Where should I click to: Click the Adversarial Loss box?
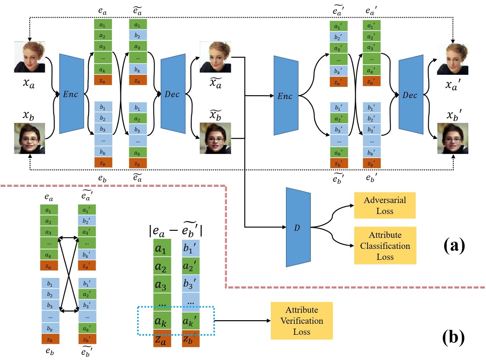pyautogui.click(x=385, y=205)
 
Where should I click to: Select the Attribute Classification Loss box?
pyautogui.click(x=385, y=246)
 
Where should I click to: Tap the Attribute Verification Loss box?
pyautogui.click(x=301, y=321)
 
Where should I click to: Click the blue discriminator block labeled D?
pyautogui.click(x=298, y=227)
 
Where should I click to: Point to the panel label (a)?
pyautogui.click(x=454, y=245)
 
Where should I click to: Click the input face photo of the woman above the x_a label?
pyautogui.click(x=29, y=57)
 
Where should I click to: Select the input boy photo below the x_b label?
pyautogui.click(x=29, y=138)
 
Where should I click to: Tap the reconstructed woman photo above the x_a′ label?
pyautogui.click(x=452, y=59)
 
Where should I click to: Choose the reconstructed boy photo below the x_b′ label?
pyautogui.click(x=452, y=138)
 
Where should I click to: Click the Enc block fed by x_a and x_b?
pyautogui.click(x=71, y=94)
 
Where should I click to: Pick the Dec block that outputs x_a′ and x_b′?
pyautogui.click(x=411, y=95)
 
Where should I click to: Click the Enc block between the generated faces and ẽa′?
pyautogui.click(x=286, y=96)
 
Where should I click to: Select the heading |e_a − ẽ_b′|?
pyautogui.click(x=175, y=230)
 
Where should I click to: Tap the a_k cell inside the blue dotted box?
pyautogui.click(x=162, y=321)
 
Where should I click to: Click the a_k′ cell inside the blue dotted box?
pyautogui.click(x=190, y=321)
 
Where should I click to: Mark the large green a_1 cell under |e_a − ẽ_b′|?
pyautogui.click(x=162, y=248)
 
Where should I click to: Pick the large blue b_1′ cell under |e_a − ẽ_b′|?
pyautogui.click(x=190, y=248)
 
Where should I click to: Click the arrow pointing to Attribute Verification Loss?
pyautogui.click(x=242, y=321)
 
